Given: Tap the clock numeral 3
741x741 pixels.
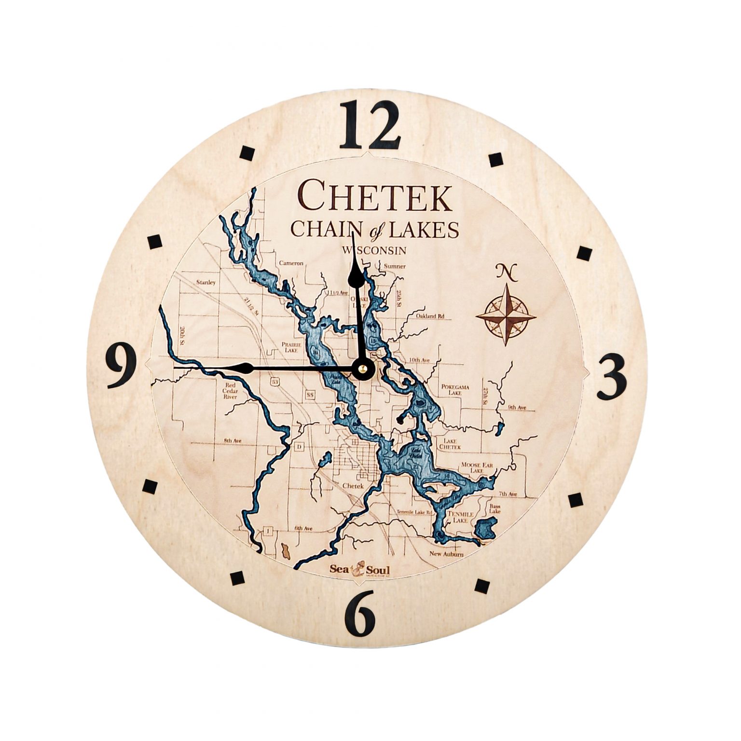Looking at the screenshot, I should pyautogui.click(x=611, y=377).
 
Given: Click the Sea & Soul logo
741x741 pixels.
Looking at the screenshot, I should pyautogui.click(x=360, y=570).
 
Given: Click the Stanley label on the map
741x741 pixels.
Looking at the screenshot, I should pyautogui.click(x=206, y=282).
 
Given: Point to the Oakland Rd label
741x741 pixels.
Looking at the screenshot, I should pyautogui.click(x=430, y=316).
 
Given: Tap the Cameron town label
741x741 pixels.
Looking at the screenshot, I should pyautogui.click(x=291, y=263).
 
